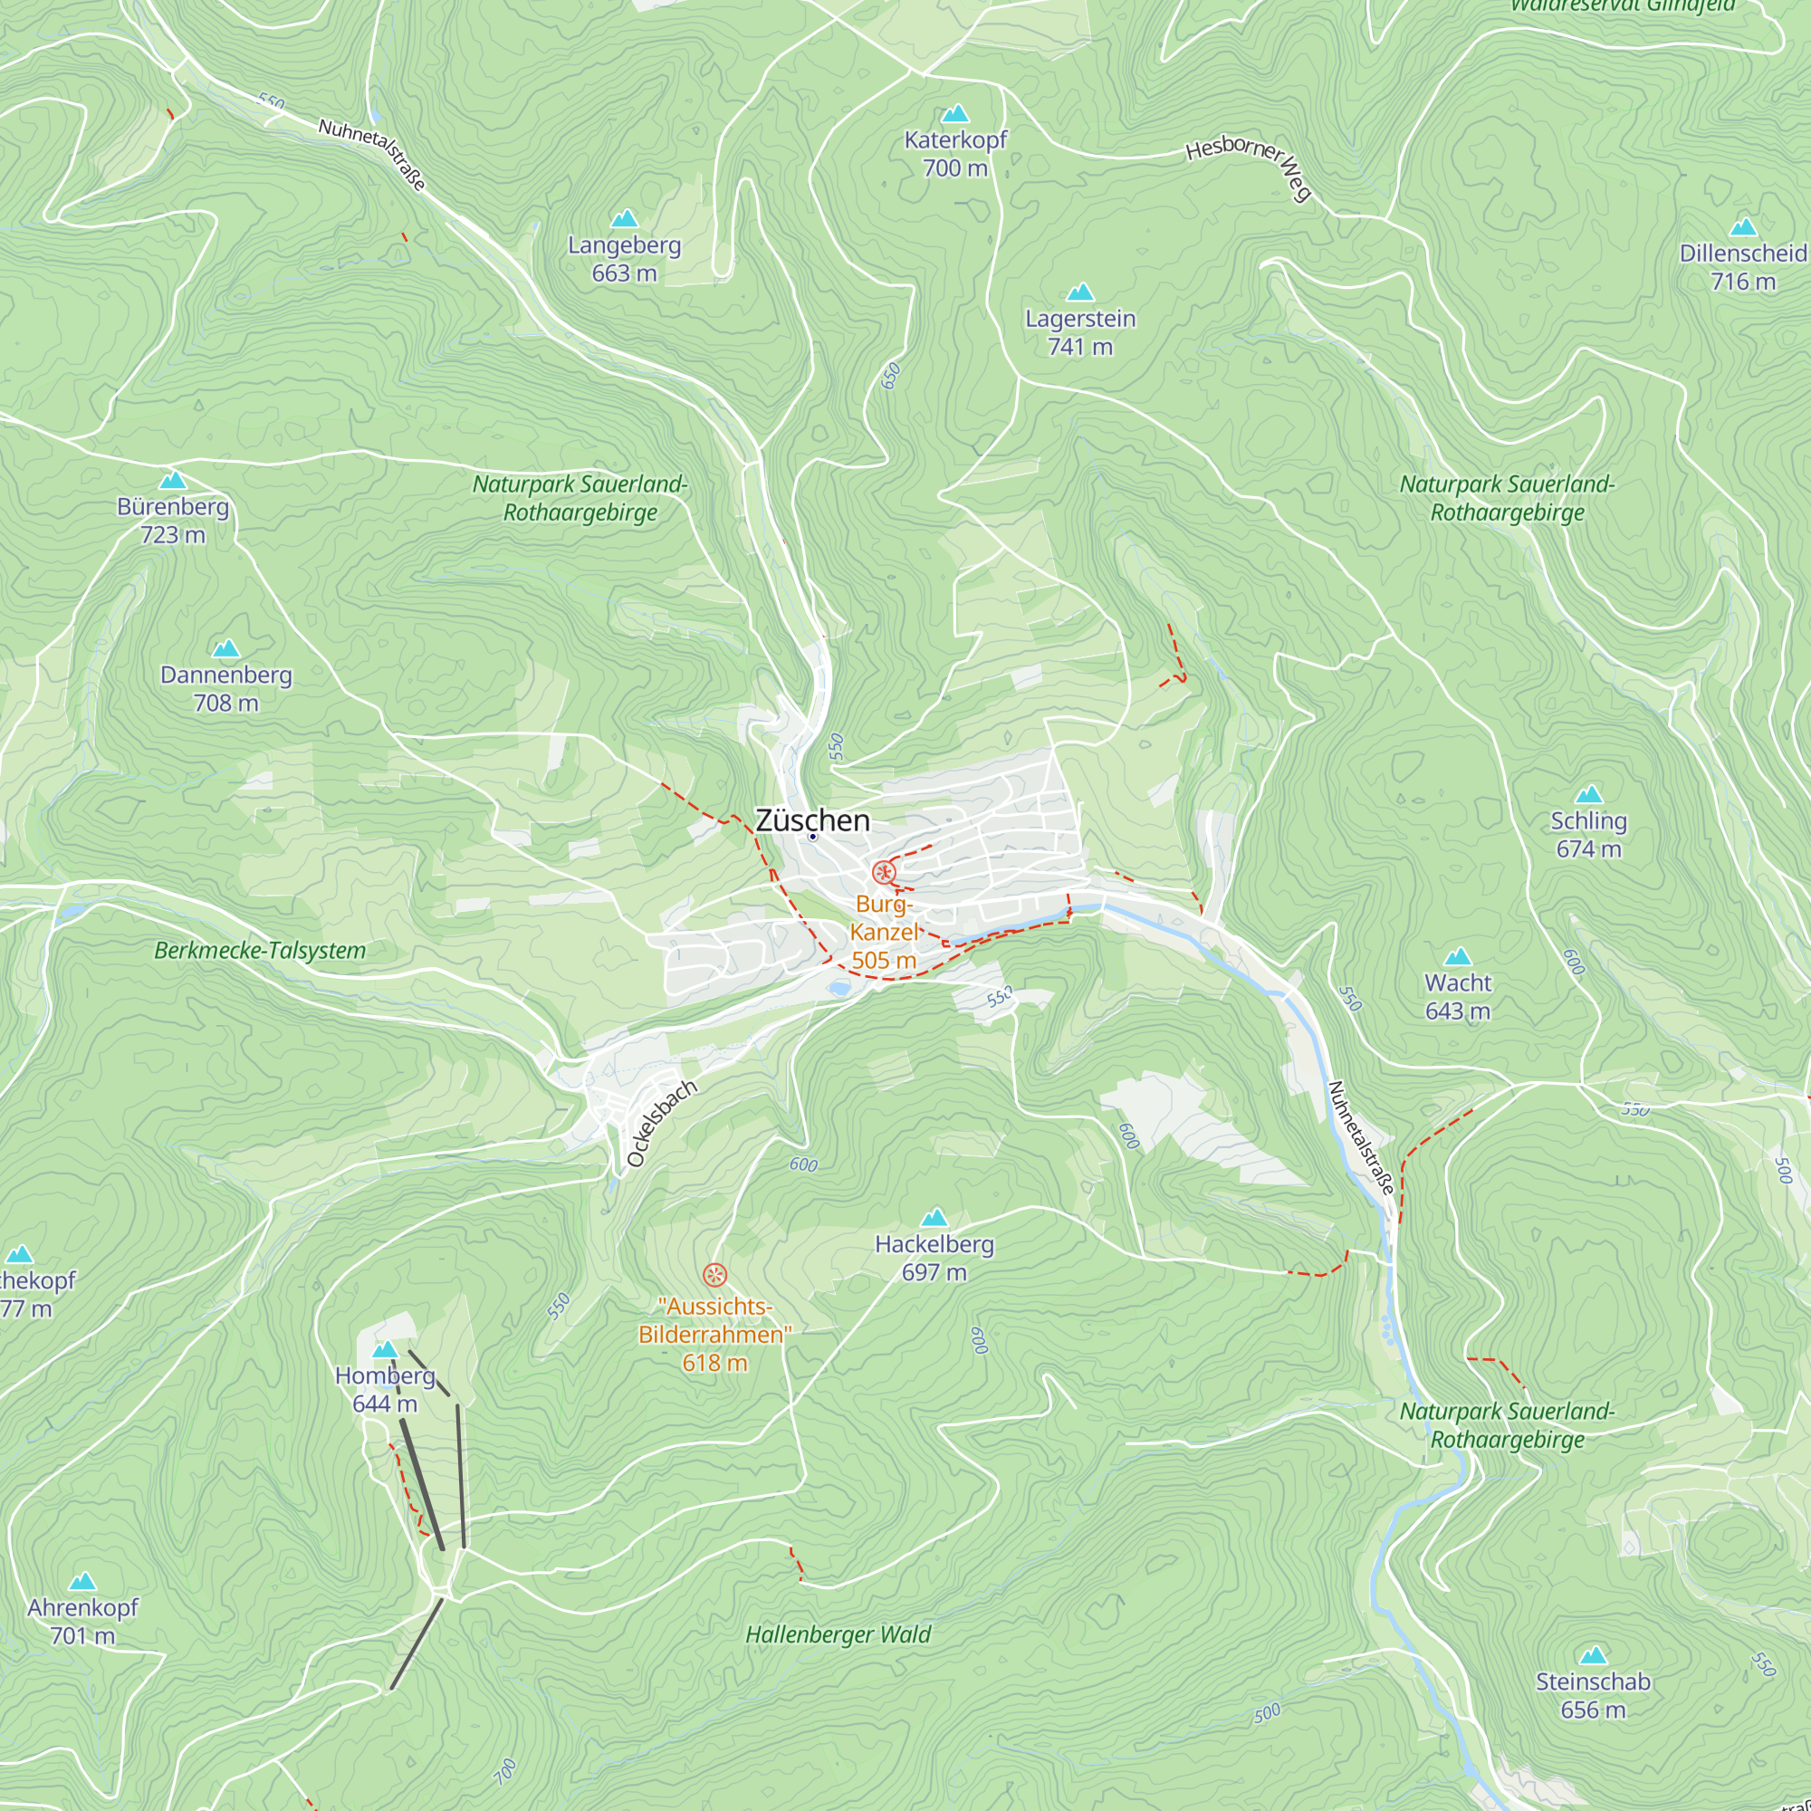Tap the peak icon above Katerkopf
click(954, 114)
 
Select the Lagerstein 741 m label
click(1080, 332)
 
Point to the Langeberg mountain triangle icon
click(624, 219)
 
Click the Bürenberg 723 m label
click(172, 521)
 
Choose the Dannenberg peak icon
click(225, 648)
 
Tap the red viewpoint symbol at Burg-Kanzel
click(883, 873)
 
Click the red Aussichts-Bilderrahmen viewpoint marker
click(714, 1274)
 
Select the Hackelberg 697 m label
click(934, 1258)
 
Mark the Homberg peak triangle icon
click(385, 1350)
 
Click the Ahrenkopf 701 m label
click(82, 1621)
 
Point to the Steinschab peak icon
click(1593, 1655)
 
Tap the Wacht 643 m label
click(1457, 996)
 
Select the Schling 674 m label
click(1588, 834)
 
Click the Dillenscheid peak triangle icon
click(1742, 227)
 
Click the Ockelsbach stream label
click(662, 1124)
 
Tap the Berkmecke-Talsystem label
click(260, 951)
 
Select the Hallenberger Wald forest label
click(838, 1634)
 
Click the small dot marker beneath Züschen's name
click(813, 837)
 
